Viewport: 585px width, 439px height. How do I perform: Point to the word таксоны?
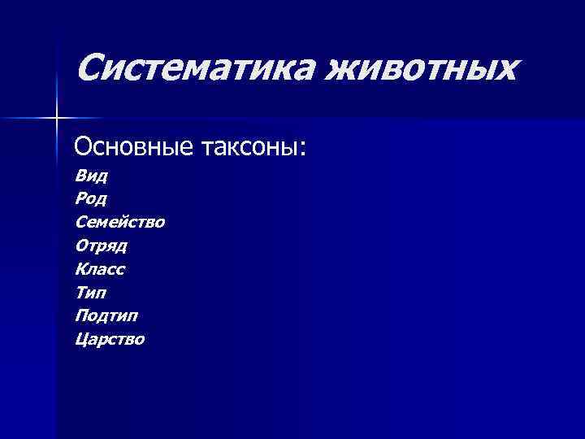coord(249,148)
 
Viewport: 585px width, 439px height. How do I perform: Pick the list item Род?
coord(91,198)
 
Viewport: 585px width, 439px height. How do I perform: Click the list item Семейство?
coord(119,221)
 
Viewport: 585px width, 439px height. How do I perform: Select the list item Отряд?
coord(101,245)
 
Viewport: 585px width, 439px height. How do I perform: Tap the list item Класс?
coord(100,268)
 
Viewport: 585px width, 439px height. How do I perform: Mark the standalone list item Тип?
coord(90,292)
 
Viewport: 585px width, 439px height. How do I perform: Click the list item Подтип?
coord(106,315)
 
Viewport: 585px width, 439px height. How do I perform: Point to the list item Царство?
coord(110,339)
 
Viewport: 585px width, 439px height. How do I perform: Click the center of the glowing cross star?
coord(56,119)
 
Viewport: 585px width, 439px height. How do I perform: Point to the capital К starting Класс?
coord(80,268)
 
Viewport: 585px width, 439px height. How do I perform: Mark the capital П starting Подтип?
coord(81,315)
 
